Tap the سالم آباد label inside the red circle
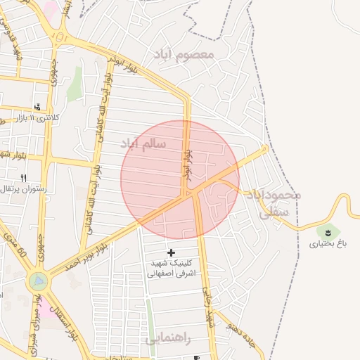coord(143,143)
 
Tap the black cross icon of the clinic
coord(171,252)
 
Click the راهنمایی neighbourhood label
coord(168,338)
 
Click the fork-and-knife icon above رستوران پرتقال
coord(23,178)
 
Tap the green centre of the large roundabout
coord(38,281)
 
